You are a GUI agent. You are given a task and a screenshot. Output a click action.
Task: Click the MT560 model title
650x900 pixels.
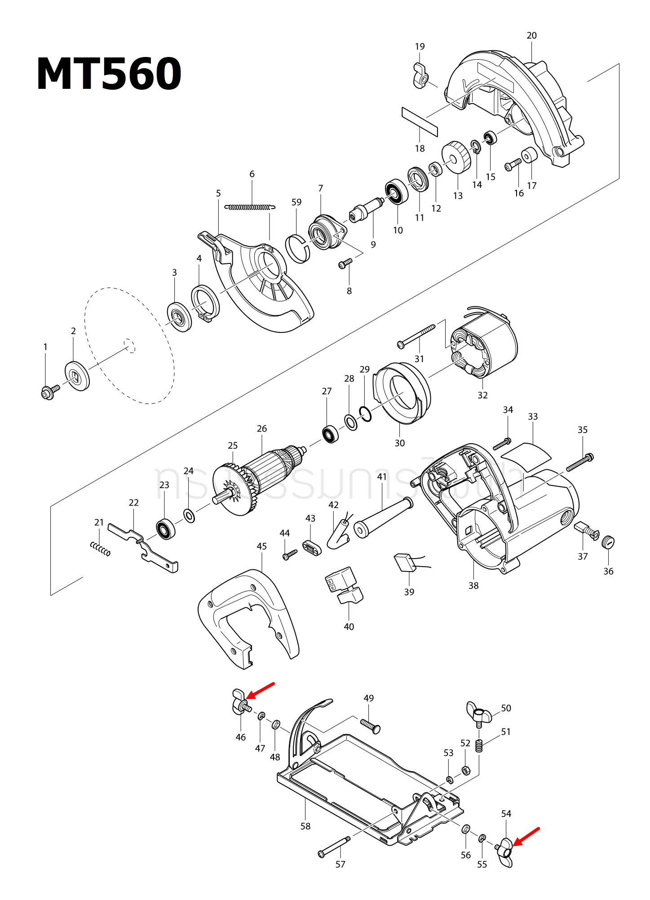pyautogui.click(x=109, y=74)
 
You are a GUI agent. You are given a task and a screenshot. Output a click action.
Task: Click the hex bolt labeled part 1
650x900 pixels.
pyautogui.click(x=49, y=392)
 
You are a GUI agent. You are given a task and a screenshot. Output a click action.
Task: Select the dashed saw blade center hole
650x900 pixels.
pyautogui.click(x=130, y=345)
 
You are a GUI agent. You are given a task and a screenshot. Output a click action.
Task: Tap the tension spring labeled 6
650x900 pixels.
pyautogui.click(x=250, y=207)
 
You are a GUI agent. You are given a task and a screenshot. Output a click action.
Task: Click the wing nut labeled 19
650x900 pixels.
pyautogui.click(x=420, y=76)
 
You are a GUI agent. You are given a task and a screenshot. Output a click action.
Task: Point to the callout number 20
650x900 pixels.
pyautogui.click(x=531, y=35)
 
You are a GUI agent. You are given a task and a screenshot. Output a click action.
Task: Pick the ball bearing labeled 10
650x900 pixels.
pyautogui.click(x=397, y=192)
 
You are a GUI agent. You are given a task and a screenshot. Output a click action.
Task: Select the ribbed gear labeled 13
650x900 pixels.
pyautogui.click(x=456, y=157)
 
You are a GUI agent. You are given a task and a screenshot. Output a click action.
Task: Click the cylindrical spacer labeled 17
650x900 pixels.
pyautogui.click(x=529, y=155)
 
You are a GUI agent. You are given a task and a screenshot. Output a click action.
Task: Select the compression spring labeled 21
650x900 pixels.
pyautogui.click(x=100, y=548)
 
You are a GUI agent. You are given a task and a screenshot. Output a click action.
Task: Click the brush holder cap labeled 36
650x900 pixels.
pyautogui.click(x=608, y=542)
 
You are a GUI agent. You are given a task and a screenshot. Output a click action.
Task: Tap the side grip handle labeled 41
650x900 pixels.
pyautogui.click(x=383, y=518)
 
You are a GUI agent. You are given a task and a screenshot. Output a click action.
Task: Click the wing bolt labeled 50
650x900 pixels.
pyautogui.click(x=478, y=713)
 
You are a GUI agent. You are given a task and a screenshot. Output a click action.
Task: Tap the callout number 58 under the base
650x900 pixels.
pyautogui.click(x=305, y=826)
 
